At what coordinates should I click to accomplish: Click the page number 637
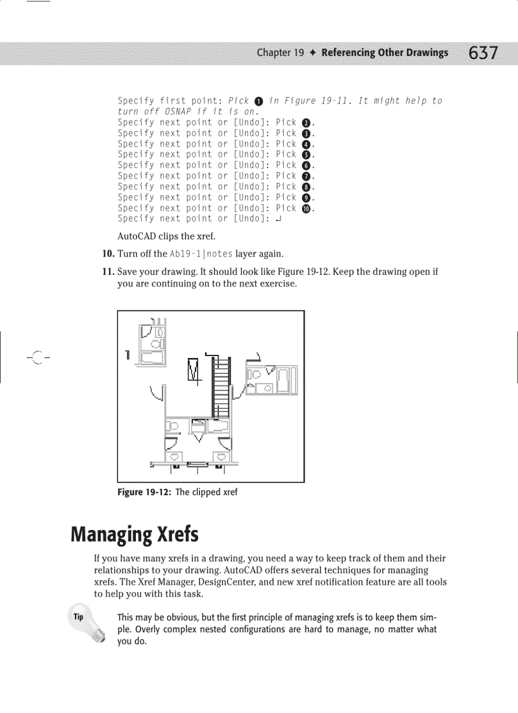point(484,53)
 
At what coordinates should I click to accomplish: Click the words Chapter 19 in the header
point(280,53)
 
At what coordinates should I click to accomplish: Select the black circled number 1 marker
point(258,102)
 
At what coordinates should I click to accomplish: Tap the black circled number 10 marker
point(305,208)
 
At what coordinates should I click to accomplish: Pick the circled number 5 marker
point(305,155)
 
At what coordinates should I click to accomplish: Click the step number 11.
point(108,272)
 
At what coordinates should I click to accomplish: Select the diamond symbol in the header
point(313,53)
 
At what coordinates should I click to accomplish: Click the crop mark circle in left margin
point(37,357)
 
